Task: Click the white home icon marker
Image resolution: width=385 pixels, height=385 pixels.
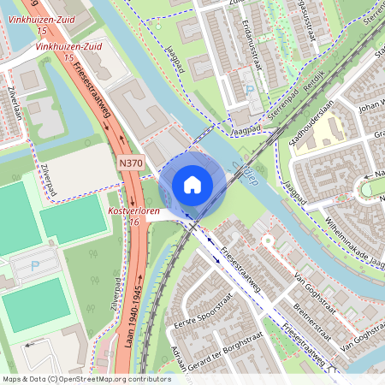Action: (x=192, y=184)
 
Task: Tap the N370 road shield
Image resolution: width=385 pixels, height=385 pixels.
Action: (x=132, y=163)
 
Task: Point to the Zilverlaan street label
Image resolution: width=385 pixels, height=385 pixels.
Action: (x=15, y=102)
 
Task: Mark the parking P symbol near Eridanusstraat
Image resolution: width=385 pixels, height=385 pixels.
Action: (x=250, y=89)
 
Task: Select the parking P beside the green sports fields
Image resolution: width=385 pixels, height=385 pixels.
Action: (x=35, y=265)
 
